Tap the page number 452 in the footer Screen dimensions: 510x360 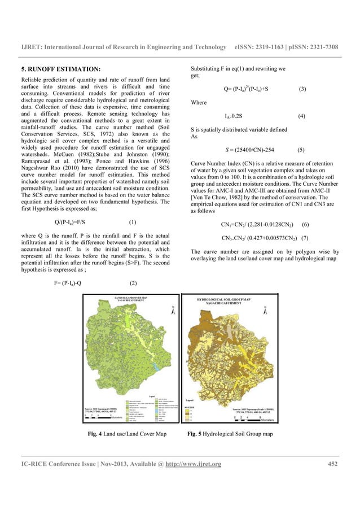332,464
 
